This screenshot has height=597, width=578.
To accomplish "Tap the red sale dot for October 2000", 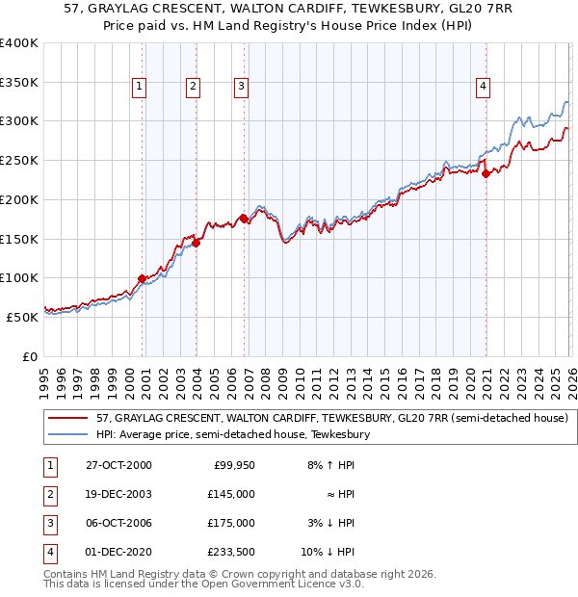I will click(x=143, y=278).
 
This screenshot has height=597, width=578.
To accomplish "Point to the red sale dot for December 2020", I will click(x=486, y=173).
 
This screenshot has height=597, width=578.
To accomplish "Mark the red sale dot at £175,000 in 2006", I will click(x=244, y=219).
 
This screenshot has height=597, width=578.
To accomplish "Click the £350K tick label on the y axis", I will click(x=19, y=83).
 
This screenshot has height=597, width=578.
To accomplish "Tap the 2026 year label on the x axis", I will click(x=569, y=376).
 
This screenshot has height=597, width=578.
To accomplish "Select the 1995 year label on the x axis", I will click(x=43, y=376).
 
